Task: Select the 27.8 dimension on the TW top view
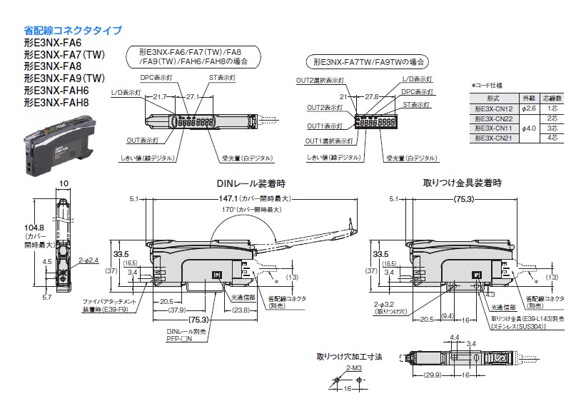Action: (x=371, y=96)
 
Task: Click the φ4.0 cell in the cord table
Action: (x=529, y=127)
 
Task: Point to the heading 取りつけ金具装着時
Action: (x=461, y=183)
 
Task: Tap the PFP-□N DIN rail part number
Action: (x=180, y=340)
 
